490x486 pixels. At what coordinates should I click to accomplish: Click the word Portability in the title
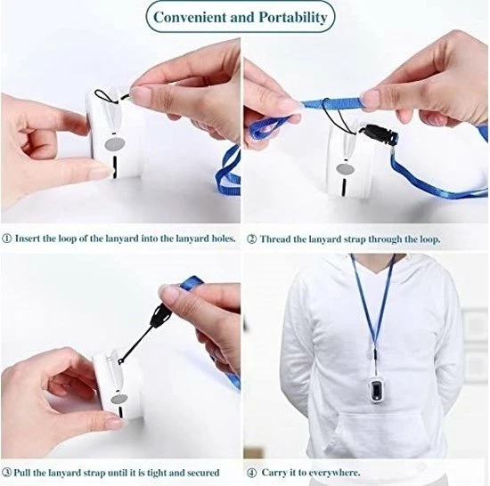click(x=293, y=18)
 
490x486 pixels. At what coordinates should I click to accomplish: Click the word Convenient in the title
click(x=190, y=17)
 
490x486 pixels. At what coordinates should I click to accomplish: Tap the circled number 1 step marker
click(x=7, y=239)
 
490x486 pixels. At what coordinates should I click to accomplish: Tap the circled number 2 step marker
click(x=251, y=239)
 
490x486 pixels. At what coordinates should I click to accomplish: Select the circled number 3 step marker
click(x=7, y=472)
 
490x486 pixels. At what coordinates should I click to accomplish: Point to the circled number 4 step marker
click(x=251, y=473)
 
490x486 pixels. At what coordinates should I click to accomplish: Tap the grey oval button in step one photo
click(x=115, y=144)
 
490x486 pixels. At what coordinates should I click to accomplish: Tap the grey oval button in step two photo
click(x=346, y=170)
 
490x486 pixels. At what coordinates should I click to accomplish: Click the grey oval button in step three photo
click(x=119, y=399)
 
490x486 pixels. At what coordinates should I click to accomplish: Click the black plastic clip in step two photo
click(x=379, y=135)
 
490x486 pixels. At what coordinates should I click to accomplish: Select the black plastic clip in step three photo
click(x=160, y=315)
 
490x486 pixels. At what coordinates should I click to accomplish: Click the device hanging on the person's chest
click(x=375, y=389)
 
